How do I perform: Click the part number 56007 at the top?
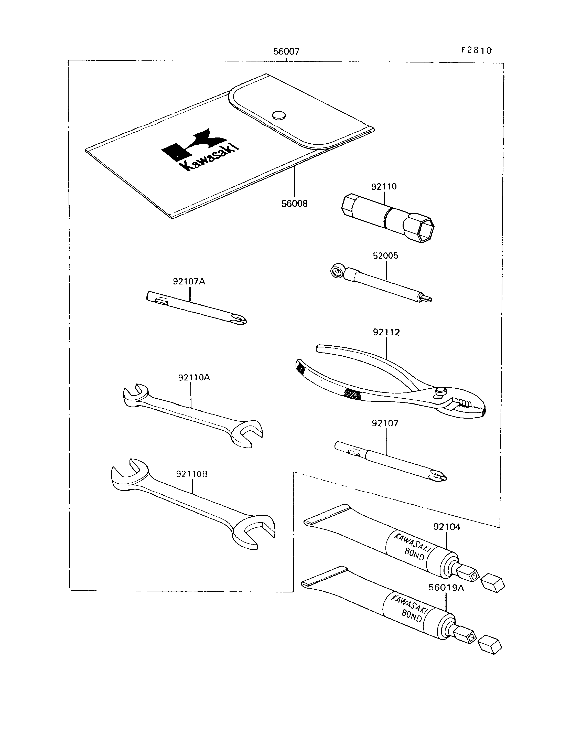pos(286,51)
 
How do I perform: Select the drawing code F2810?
pos(477,50)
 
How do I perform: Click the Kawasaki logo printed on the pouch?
pos(200,150)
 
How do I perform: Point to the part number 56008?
pos(295,204)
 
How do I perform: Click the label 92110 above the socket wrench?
pos(384,186)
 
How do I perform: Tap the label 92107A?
pos(189,281)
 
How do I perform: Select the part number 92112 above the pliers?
pos(386,332)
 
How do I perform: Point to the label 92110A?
pos(194,378)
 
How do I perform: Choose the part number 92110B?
pos(192,474)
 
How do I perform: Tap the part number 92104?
pos(447,527)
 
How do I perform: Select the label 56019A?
pos(446,587)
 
